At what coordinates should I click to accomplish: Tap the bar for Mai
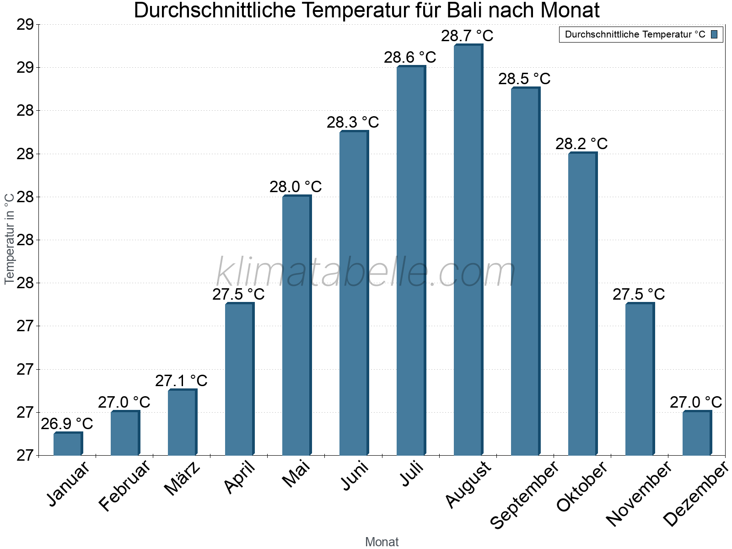(x=296, y=325)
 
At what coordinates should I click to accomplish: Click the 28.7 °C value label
(x=467, y=36)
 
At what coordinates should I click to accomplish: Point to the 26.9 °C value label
(x=67, y=424)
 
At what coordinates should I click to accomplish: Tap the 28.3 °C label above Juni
(x=353, y=122)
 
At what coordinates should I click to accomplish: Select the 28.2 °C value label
(x=581, y=144)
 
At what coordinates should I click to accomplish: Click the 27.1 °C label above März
(x=181, y=381)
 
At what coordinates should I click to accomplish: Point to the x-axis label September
(x=524, y=495)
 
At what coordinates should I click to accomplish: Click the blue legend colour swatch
(x=714, y=34)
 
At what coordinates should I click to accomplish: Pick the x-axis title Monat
(x=382, y=542)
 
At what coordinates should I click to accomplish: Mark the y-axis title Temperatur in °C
(x=9, y=239)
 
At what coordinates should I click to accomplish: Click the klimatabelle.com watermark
(x=366, y=272)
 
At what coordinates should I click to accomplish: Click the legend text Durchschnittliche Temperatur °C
(x=635, y=34)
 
